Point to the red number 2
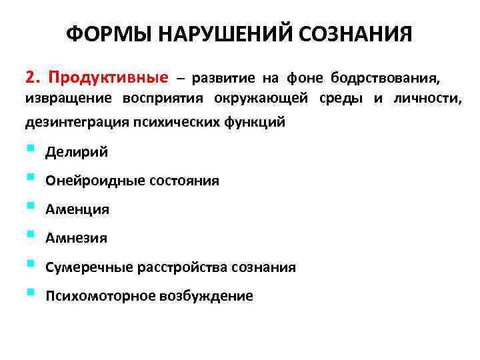pos(31,79)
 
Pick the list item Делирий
pos(77,153)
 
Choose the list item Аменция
pos(77,209)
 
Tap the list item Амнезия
pos(76,238)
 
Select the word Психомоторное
pos(100,296)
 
